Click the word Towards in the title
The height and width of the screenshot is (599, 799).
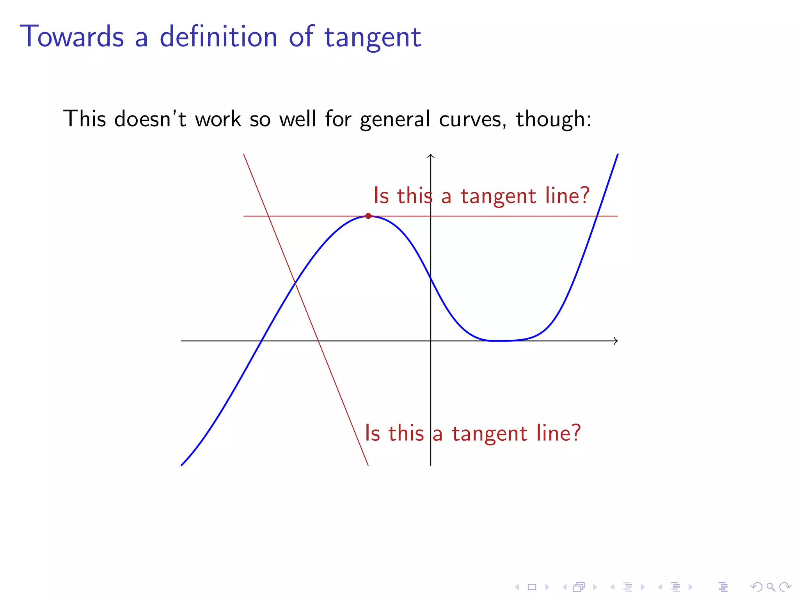(72, 37)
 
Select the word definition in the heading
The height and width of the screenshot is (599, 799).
(218, 37)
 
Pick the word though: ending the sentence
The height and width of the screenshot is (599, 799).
(553, 119)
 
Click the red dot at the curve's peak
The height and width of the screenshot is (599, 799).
(368, 216)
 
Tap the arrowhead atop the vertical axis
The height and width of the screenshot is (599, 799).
(431, 156)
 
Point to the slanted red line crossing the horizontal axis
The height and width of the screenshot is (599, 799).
(319, 341)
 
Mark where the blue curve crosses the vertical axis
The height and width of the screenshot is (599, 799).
(431, 278)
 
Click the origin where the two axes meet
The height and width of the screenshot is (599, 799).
(431, 341)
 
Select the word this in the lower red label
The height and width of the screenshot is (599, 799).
(406, 433)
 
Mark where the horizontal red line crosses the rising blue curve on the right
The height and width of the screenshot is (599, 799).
(597, 216)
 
